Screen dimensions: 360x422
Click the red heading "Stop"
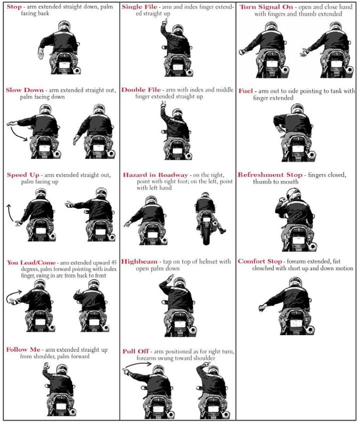pyautogui.click(x=14, y=6)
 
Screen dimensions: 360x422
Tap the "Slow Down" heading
pyautogui.click(x=24, y=90)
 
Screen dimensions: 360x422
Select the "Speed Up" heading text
pyautogui.click(x=23, y=175)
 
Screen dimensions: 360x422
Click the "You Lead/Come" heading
pyautogui.click(x=31, y=262)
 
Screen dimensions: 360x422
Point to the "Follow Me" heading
pyautogui.click(x=23, y=349)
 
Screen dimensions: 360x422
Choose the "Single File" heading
pyautogui.click(x=139, y=6)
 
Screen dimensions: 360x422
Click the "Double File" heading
pyautogui.click(x=141, y=89)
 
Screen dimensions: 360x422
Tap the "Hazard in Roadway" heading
pyautogui.click(x=155, y=175)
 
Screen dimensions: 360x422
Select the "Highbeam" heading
pyautogui.click(x=139, y=262)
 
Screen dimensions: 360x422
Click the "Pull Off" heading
pyautogui.click(x=136, y=351)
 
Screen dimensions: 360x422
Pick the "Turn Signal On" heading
pyautogui.click(x=266, y=7)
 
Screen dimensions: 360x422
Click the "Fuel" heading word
pyautogui.click(x=245, y=91)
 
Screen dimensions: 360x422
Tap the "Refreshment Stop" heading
pyautogui.click(x=269, y=175)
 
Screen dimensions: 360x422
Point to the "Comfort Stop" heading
pyautogui.click(x=260, y=261)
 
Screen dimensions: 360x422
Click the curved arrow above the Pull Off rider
pyautogui.click(x=138, y=365)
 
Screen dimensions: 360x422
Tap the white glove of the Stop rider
pyautogui.click(x=41, y=53)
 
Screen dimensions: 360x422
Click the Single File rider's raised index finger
pyautogui.click(x=163, y=22)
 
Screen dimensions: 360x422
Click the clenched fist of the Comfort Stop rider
pyautogui.click(x=261, y=308)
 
